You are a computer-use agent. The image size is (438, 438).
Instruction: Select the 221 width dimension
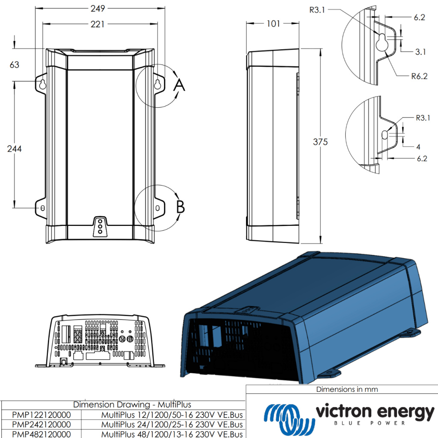98,24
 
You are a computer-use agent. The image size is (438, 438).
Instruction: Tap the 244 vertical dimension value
15,148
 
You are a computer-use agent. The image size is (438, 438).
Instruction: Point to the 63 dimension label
15,65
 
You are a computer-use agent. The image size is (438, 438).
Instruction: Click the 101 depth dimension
273,24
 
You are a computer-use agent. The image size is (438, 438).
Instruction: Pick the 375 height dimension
320,142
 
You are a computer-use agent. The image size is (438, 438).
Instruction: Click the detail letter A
179,86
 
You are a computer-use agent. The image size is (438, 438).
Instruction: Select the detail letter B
181,207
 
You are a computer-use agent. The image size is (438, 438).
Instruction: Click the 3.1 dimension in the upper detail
420,52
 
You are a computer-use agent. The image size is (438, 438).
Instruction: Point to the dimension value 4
418,147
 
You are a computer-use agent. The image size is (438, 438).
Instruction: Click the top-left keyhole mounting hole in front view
42,85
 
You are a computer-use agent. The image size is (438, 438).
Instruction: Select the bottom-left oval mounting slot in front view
42,207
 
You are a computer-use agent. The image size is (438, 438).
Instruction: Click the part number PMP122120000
41,414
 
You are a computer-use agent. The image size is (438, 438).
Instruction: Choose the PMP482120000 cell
41,434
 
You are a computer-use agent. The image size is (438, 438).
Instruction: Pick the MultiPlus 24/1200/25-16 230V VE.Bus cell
172,424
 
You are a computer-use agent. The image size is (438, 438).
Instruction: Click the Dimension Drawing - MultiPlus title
132,404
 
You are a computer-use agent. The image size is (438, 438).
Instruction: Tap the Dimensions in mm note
347,389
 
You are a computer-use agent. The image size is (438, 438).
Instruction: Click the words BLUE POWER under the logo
374,423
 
